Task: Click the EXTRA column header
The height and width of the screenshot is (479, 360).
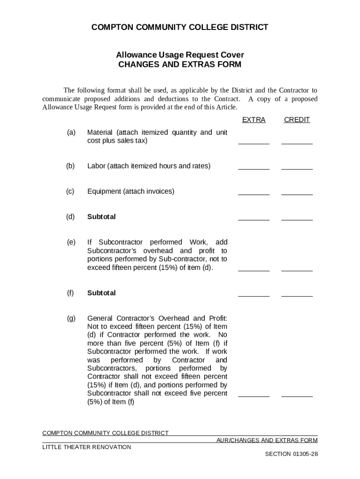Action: pos(253,120)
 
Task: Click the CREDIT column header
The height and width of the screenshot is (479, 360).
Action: pos(297,120)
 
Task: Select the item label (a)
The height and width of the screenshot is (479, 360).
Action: pos(71,132)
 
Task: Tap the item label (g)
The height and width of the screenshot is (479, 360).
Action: pos(71,319)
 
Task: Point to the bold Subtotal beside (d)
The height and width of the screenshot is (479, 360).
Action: pos(101,217)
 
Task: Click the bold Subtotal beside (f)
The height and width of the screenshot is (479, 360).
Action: pos(101,293)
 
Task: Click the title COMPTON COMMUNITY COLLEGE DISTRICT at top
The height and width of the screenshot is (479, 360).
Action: pos(180,27)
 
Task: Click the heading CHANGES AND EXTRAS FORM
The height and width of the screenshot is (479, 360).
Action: pos(180,65)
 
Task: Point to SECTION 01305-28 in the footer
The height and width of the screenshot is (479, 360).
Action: pos(291,454)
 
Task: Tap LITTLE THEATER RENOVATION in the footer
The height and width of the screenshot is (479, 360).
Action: pos(87,447)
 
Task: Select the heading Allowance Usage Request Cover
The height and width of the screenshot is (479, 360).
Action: pos(180,55)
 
